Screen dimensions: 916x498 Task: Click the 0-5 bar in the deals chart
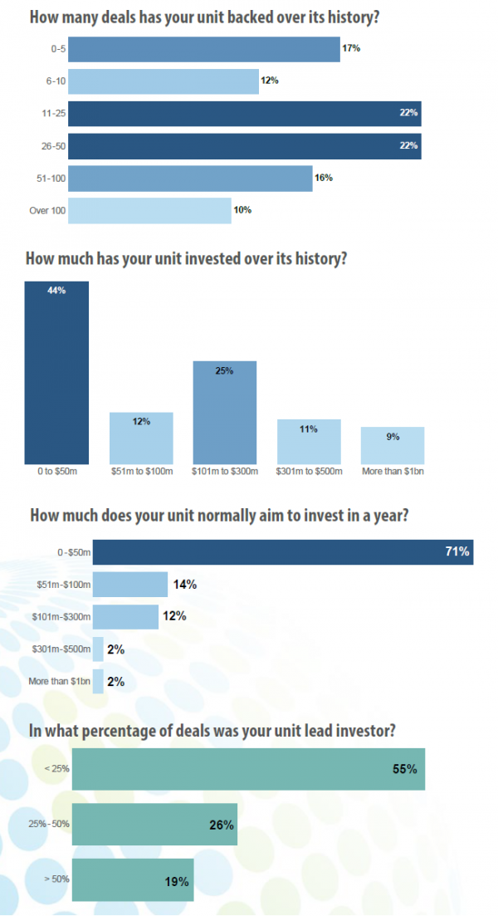coord(203,49)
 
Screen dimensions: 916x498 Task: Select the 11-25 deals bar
coord(244,113)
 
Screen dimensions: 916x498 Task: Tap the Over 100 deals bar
coord(149,210)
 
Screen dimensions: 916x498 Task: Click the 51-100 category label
coord(50,178)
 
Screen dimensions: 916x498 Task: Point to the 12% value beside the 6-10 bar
coord(270,81)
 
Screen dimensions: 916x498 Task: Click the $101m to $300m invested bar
coord(224,412)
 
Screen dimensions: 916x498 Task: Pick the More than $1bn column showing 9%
coord(393,445)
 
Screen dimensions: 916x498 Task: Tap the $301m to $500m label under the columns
coord(308,472)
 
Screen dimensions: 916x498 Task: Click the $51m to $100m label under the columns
coord(141,472)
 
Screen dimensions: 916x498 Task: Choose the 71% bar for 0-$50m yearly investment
coord(282,551)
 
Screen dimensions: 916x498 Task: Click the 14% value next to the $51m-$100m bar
coord(184,585)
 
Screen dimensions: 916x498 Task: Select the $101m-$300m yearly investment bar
coord(124,616)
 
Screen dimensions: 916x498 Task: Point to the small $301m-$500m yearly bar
coord(98,649)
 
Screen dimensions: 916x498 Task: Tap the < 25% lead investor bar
coord(248,768)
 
